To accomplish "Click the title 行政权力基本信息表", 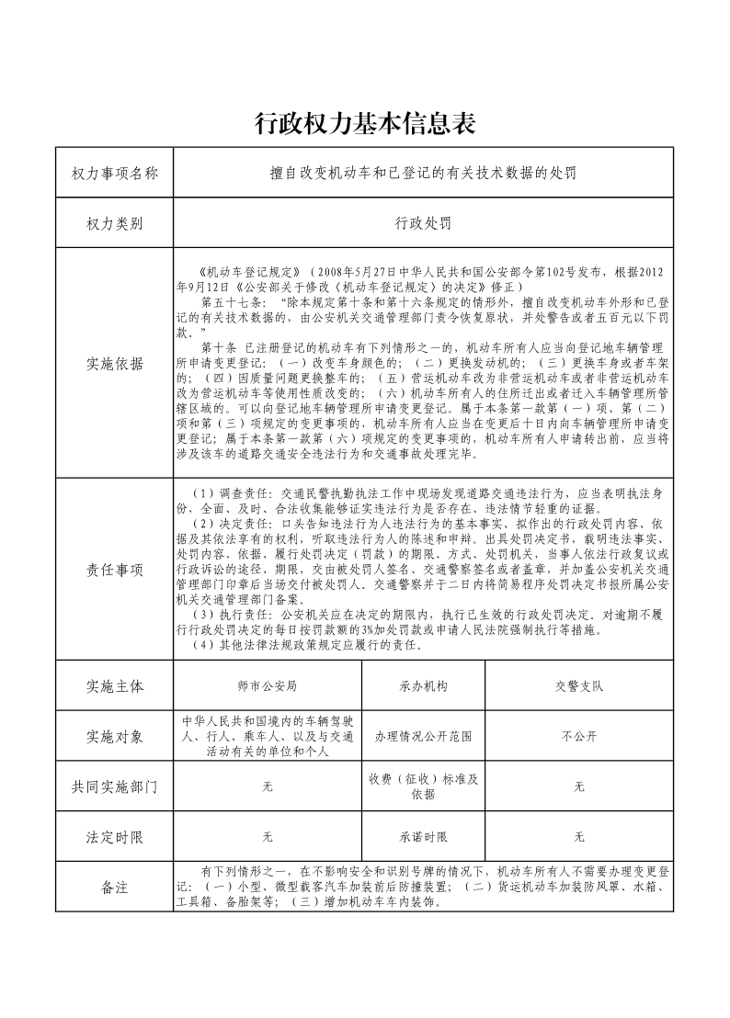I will (365, 123).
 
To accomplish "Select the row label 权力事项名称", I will (115, 173).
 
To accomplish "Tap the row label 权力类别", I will (115, 223).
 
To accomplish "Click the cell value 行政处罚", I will (423, 223).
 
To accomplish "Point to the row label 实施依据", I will (115, 363).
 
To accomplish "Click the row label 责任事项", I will (115, 570).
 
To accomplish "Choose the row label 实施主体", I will (115, 686).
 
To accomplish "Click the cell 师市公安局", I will (267, 686).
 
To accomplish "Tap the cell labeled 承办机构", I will (423, 686).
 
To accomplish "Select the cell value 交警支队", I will (579, 686).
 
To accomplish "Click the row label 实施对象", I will (115, 736).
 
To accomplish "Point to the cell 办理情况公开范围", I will (423, 736).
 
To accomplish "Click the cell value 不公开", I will (579, 736).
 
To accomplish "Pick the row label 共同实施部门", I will (115, 786).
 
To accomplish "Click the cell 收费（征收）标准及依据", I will (423, 786).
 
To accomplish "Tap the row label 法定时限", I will (115, 837).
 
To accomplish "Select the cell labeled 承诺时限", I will (423, 837).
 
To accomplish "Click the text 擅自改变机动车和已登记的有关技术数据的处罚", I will (423, 173).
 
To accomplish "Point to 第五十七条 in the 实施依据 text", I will (226, 301).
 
